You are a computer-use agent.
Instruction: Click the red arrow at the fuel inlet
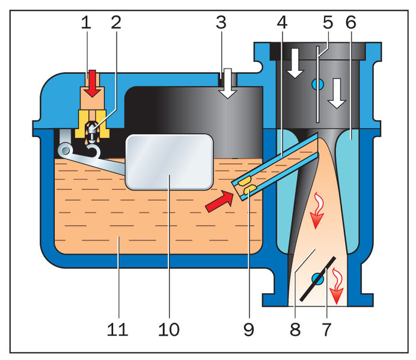(x=91, y=82)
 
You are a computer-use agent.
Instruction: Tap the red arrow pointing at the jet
(x=218, y=202)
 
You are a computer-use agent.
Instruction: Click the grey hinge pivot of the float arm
(x=64, y=148)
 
